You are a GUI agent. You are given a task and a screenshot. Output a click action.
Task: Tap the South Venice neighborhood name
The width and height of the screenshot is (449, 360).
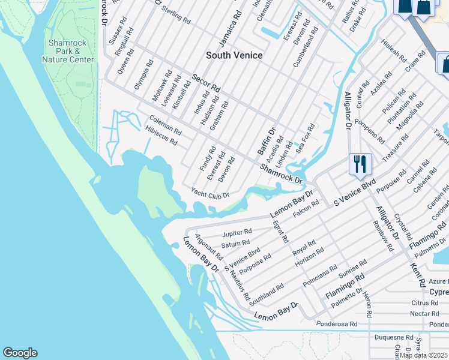[234, 55]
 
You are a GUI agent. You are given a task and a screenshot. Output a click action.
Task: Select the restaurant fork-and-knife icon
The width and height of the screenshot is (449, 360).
[360, 164]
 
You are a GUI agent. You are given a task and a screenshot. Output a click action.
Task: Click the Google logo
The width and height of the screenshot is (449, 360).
[20, 353]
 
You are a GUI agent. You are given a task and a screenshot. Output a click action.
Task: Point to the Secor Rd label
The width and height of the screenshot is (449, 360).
[206, 83]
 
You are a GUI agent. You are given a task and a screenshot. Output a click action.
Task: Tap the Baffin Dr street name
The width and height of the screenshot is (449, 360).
[267, 142]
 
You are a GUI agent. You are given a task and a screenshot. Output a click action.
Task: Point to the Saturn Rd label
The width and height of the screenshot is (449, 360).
[235, 244]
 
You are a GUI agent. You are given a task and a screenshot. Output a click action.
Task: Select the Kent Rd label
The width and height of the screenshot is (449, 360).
[418, 274]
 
